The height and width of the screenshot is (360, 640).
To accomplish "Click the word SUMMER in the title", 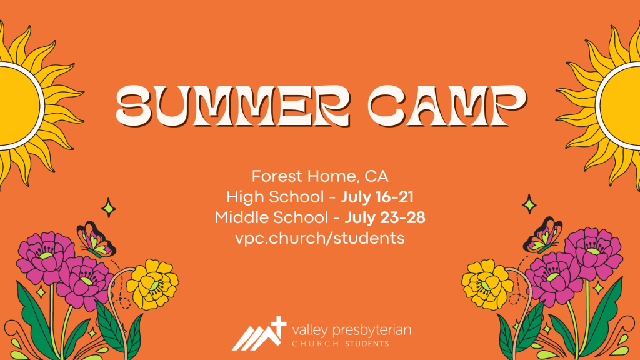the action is (233, 105).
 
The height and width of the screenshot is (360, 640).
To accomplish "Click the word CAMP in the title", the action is (447, 105).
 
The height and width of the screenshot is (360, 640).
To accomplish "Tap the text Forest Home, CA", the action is (320, 176).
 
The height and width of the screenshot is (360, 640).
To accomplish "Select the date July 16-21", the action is (377, 197).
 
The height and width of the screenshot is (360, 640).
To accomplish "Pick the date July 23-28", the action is (385, 217).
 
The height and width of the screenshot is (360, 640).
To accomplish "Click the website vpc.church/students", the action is (320, 238).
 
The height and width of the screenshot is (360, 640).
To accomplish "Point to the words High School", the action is (275, 197).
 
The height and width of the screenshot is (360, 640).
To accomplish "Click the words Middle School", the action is (271, 217).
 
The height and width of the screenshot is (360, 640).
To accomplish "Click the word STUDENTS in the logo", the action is (367, 344).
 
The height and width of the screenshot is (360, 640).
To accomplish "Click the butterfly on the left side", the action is (96, 239).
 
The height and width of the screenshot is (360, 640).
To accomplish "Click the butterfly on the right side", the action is (543, 236).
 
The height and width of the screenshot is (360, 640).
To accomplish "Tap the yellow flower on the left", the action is (152, 284).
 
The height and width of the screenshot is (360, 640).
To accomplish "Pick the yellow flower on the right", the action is (487, 284).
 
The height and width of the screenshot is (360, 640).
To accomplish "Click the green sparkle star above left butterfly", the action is (109, 207).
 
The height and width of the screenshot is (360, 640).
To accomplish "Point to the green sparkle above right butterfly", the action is (530, 204).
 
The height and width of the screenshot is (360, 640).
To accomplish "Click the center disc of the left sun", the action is (16, 105).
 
